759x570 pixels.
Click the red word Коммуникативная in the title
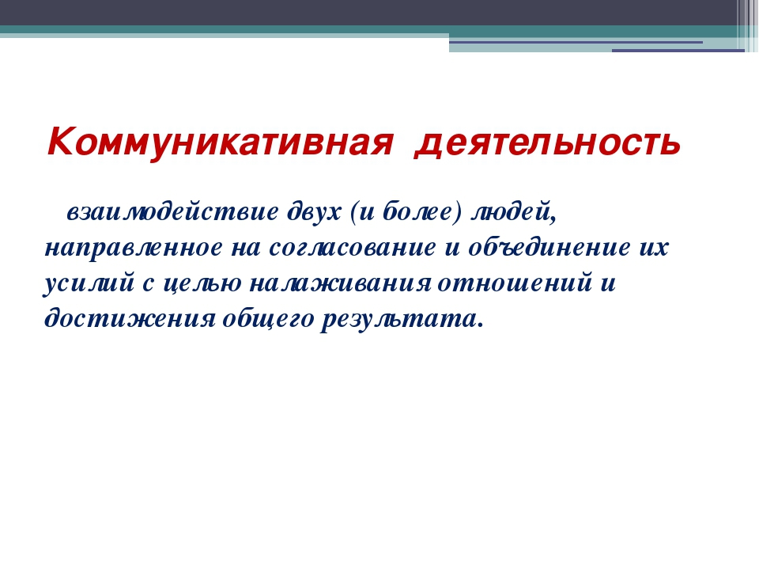(x=220, y=142)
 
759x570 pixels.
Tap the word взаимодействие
(x=172, y=212)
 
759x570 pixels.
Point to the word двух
(x=314, y=212)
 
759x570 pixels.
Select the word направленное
(x=134, y=248)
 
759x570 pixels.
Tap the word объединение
(x=549, y=247)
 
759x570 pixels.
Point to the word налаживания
(x=340, y=283)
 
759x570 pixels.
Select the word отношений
(x=515, y=283)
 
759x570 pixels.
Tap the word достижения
(x=130, y=319)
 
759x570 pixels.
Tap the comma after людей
(x=553, y=221)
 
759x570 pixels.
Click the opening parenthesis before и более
(x=353, y=212)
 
